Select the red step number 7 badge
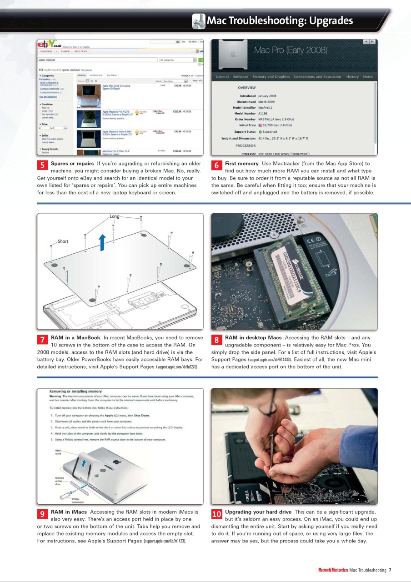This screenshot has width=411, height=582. (42, 340)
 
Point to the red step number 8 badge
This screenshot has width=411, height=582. (217, 340)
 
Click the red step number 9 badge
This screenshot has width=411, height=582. (42, 514)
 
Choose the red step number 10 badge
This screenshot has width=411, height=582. (217, 514)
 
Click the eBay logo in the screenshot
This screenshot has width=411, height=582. (47, 45)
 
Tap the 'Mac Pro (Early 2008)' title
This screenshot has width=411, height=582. (291, 50)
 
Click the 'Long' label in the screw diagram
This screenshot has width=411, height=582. (115, 217)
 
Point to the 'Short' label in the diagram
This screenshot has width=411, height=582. (63, 241)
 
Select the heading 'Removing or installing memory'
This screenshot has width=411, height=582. (75, 391)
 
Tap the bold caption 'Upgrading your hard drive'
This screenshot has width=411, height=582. (258, 512)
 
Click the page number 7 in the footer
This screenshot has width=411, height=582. (390, 570)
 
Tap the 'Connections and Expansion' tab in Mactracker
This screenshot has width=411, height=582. (317, 77)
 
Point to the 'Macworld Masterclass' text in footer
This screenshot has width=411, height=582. (333, 570)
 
